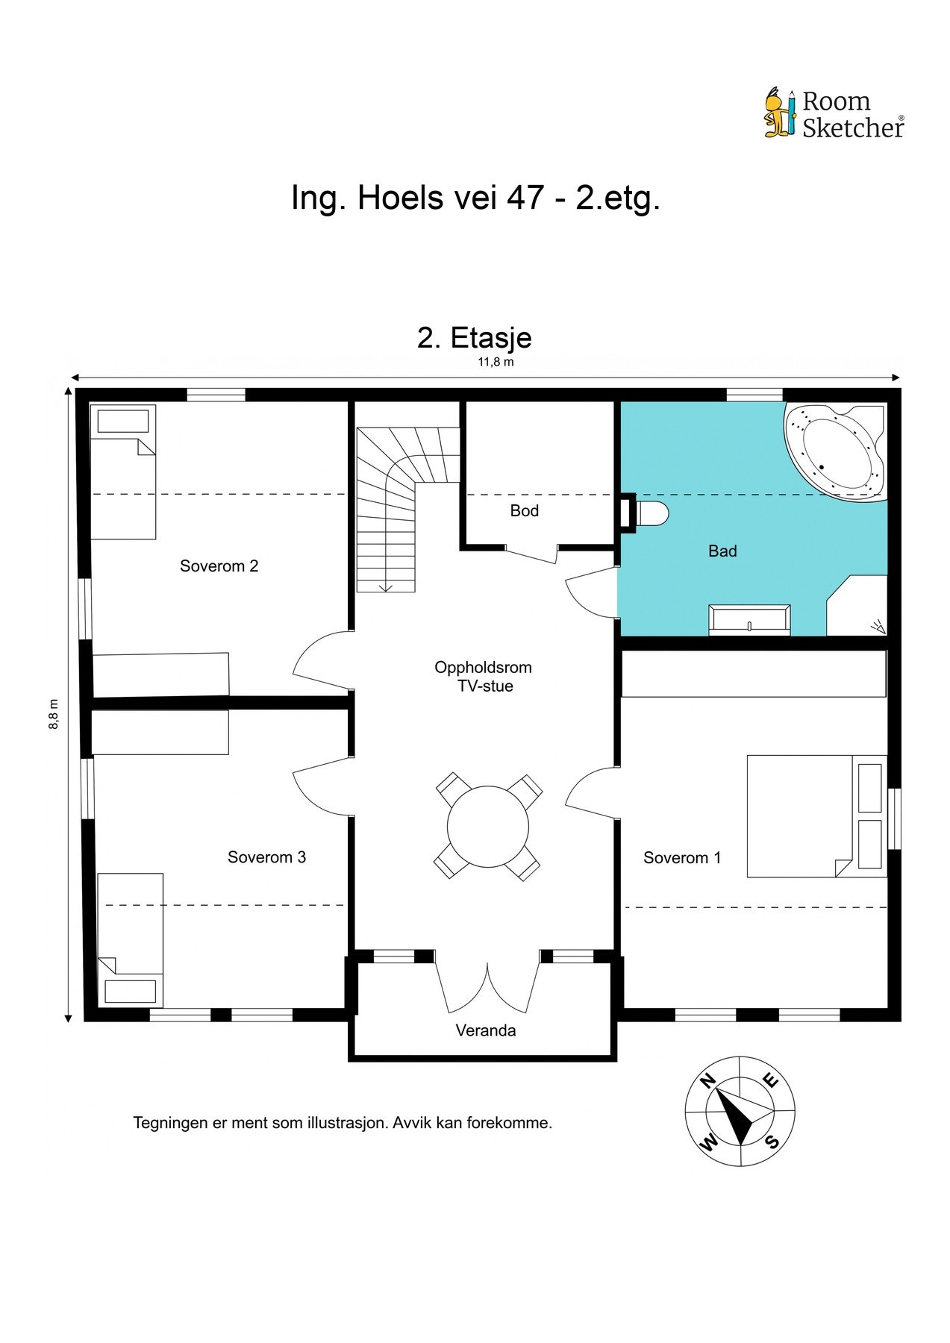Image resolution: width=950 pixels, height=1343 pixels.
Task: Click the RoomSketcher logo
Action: coord(834,113)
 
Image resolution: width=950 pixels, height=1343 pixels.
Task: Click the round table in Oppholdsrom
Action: coord(488,826)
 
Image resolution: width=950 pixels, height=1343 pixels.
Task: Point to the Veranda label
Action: coord(486,1030)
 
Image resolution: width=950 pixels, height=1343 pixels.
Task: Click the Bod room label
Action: coord(524,511)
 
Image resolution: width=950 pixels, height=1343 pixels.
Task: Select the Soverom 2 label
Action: coord(219,566)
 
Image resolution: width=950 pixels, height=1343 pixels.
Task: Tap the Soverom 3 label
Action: coord(266,857)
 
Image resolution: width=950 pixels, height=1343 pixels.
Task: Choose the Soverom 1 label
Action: coord(682,858)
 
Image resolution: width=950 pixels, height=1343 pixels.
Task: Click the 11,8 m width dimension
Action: coord(496,363)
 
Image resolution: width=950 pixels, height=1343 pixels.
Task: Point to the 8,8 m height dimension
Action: coord(54,714)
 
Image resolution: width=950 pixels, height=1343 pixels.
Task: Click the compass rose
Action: coord(740,1111)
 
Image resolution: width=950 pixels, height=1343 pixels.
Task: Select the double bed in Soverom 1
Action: coord(817,816)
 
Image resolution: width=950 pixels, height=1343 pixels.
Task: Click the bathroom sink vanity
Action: coord(750,620)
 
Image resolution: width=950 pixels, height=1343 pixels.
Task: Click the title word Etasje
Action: coord(491,338)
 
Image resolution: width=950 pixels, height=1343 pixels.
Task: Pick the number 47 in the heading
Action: coord(525,198)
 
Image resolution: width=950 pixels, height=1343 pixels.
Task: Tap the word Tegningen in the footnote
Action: coord(169,1124)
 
